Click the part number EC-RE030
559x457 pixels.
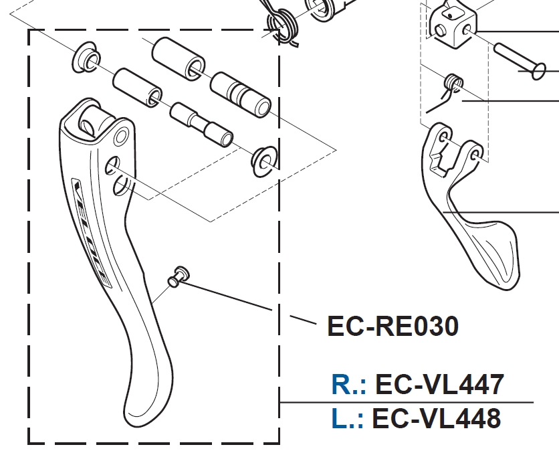coord(393,327)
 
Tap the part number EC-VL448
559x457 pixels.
coord(436,419)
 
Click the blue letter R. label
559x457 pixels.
coord(348,385)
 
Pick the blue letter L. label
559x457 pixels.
coord(347,420)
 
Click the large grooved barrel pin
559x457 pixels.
coord(241,94)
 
